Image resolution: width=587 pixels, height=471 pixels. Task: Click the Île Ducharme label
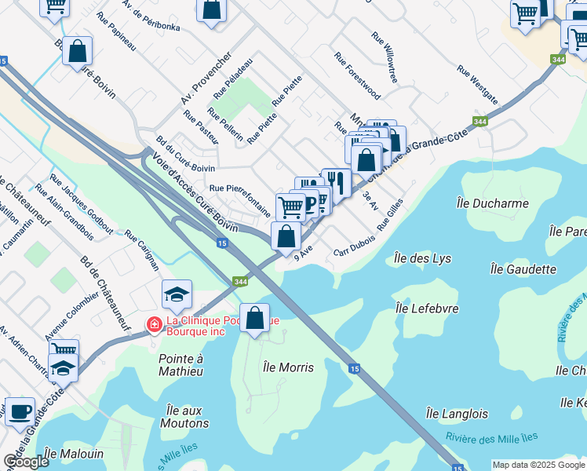pyautogui.click(x=492, y=203)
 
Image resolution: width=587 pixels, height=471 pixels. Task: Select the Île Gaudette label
pyautogui.click(x=523, y=268)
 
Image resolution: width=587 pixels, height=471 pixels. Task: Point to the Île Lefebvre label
pyautogui.click(x=428, y=309)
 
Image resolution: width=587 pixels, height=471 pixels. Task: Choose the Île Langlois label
pyautogui.click(x=457, y=413)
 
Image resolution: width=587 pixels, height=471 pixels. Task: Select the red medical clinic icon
pyautogui.click(x=155, y=323)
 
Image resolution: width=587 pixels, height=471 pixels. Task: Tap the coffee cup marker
pyautogui.click(x=20, y=411)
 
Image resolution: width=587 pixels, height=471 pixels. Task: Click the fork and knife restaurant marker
pyautogui.click(x=337, y=182)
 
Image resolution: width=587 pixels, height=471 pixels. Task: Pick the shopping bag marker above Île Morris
pyautogui.click(x=255, y=318)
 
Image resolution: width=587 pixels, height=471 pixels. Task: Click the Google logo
pyautogui.click(x=26, y=462)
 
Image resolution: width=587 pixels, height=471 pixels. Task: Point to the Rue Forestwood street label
pyautogui.click(x=357, y=76)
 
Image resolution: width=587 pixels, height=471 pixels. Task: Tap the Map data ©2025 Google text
pyautogui.click(x=538, y=465)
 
